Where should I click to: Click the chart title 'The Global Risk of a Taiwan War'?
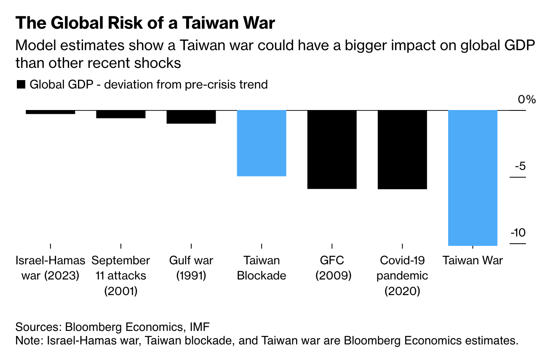coord(145,23)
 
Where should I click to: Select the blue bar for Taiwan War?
coord(473,177)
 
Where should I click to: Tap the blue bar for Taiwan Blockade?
coord(262,143)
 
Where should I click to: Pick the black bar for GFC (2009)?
coord(332,149)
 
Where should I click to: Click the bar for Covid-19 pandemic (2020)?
coord(402,149)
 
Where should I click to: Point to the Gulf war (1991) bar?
coord(191,117)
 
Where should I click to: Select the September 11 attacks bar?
coord(121,114)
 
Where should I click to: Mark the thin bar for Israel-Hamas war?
coord(51,112)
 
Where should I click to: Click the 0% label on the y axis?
coord(527,100)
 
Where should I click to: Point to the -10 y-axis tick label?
coord(518,233)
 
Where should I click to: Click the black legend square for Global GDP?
coord(21,84)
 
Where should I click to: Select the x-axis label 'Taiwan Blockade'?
coord(262,268)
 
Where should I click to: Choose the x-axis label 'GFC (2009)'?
coord(332,268)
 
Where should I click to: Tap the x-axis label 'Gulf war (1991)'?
coord(191,268)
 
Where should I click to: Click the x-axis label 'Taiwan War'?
coord(473,261)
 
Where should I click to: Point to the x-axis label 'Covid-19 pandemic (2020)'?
coord(402,276)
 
